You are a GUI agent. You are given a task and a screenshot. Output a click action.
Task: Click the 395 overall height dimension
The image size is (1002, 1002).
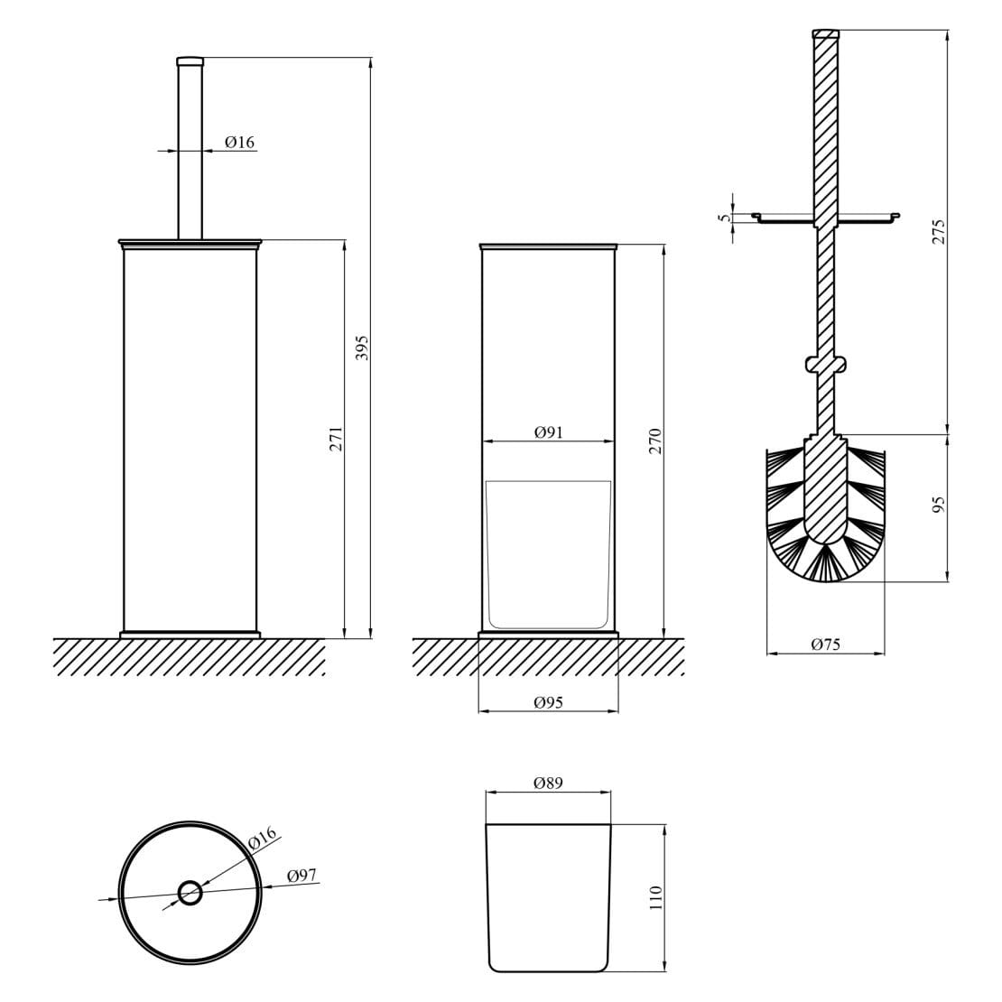tap(363, 348)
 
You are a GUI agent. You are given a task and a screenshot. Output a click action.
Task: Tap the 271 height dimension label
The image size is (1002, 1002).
tap(336, 439)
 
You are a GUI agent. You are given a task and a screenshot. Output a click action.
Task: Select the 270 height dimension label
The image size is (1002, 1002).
tap(656, 440)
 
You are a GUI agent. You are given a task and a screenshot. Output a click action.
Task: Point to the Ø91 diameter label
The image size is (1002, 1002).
tap(548, 432)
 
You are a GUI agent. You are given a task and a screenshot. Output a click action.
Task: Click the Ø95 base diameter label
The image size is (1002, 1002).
tap(548, 702)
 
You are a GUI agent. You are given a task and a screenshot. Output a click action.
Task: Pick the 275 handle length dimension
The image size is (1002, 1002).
tap(939, 231)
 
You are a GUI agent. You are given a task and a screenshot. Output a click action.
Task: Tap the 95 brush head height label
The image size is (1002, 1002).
tap(939, 506)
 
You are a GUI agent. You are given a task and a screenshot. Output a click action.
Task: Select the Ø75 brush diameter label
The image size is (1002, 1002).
tap(825, 644)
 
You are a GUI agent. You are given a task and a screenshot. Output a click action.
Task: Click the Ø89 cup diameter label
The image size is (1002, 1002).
tap(548, 784)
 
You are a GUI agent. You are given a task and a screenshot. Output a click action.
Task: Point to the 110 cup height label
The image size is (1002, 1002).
tap(656, 897)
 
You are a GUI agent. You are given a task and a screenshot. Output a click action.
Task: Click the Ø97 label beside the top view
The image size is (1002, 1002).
tap(302, 876)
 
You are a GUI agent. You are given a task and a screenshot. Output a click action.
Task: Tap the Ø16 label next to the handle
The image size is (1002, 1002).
tap(240, 142)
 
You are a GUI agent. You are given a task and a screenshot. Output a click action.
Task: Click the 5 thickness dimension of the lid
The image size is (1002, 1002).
tap(723, 217)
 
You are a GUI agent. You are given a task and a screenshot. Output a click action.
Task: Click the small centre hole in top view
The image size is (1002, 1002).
tap(190, 894)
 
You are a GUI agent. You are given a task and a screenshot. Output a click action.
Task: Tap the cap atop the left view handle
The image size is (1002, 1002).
tap(190, 60)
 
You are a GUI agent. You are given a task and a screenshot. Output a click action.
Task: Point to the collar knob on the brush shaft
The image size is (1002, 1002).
tap(826, 364)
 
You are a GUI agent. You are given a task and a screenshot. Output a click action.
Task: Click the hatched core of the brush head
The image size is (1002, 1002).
tap(826, 492)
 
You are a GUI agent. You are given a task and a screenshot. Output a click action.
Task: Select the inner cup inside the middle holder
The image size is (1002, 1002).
tap(548, 555)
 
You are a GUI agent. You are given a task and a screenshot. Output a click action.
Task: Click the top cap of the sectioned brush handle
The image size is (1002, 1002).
tap(826, 34)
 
